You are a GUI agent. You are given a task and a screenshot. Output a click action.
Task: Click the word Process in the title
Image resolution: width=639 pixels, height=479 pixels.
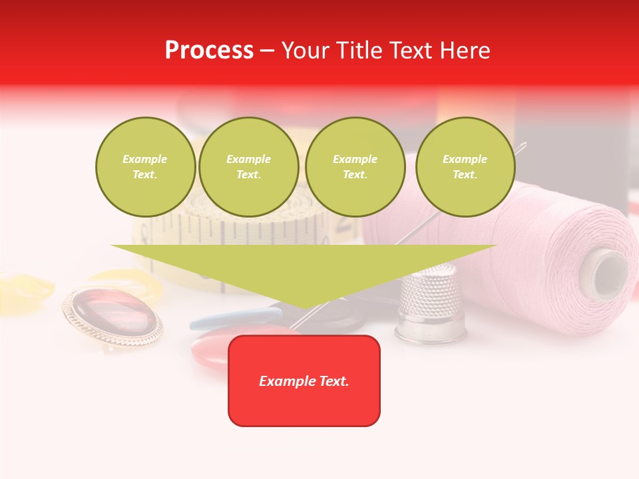(209, 51)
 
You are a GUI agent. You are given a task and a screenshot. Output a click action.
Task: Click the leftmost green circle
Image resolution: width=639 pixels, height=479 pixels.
(145, 167)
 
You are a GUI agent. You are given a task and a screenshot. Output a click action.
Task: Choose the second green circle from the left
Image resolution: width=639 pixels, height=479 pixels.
(248, 167)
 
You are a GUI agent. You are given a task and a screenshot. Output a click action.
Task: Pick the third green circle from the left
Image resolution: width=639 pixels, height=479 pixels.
(355, 167)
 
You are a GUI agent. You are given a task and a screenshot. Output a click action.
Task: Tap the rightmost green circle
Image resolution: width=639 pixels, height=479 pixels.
(465, 167)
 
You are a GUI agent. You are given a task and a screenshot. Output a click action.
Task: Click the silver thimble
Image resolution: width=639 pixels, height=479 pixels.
(431, 303)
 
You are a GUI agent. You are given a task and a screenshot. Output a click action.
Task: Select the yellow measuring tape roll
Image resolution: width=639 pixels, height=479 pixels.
(253, 230)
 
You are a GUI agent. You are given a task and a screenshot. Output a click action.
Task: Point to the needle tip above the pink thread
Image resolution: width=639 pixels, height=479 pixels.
(524, 144)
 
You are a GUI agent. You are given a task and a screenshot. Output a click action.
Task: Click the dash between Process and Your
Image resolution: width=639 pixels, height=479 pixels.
(268, 51)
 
